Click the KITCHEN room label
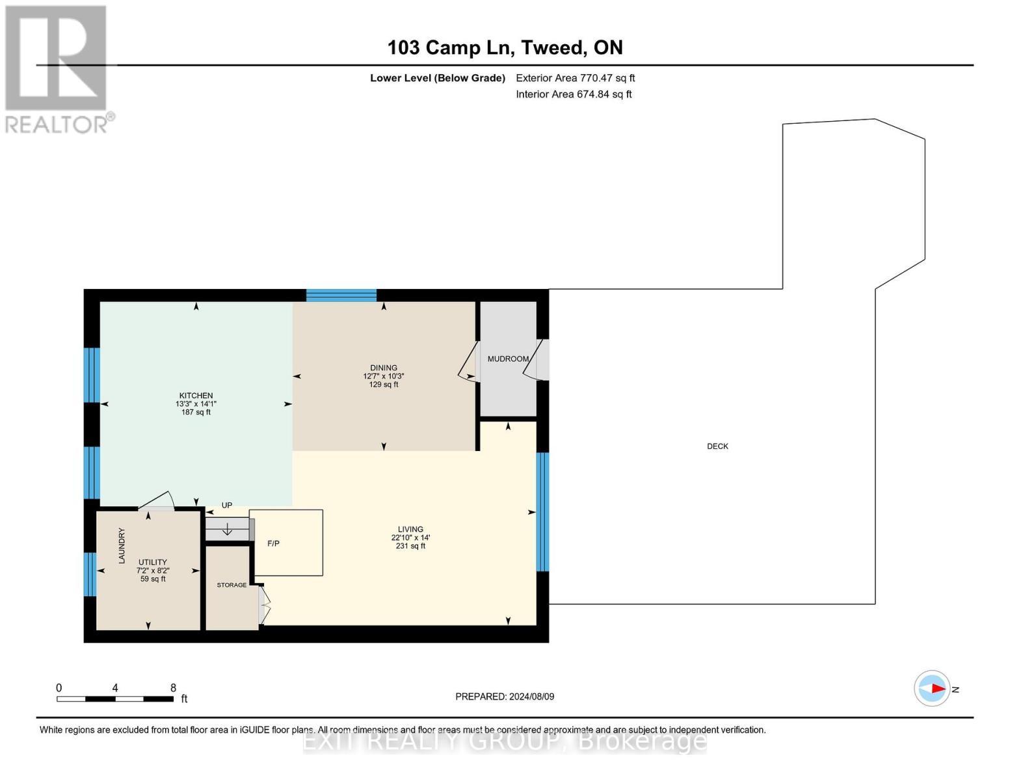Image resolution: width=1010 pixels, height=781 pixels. (x=196, y=396)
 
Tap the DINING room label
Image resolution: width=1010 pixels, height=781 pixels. (x=384, y=368)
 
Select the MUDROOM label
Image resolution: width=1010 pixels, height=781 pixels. (x=508, y=359)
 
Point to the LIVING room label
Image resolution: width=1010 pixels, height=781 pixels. (x=410, y=529)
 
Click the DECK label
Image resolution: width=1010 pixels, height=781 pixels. (x=717, y=446)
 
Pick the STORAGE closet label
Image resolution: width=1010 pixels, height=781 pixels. (x=232, y=585)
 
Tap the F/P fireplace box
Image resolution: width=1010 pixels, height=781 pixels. (x=286, y=543)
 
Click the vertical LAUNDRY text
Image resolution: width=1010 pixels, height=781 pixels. (x=122, y=545)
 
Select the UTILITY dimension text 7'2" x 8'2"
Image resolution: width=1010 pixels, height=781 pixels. (x=153, y=571)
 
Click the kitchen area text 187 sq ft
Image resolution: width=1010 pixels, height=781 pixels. (x=196, y=413)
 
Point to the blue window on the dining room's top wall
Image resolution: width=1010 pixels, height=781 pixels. (x=341, y=295)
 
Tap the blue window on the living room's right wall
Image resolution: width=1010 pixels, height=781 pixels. (x=542, y=512)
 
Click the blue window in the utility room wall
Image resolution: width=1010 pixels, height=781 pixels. (x=90, y=574)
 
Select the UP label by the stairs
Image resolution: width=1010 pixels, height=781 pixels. (x=227, y=506)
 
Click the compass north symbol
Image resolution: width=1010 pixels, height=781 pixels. (x=933, y=689)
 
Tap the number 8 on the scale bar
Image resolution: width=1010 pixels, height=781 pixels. (x=173, y=688)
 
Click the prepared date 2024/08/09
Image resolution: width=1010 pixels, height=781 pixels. (x=531, y=696)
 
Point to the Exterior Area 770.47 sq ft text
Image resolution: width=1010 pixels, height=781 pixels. (x=575, y=78)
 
